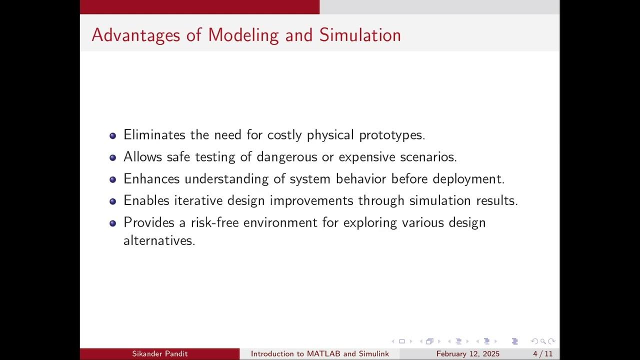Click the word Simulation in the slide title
click(360, 35)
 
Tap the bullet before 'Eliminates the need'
click(112, 135)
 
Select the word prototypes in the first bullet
click(391, 135)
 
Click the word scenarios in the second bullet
click(428, 157)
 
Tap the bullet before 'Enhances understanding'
click(112, 179)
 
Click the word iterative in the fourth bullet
click(198, 200)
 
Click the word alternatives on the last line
click(159, 240)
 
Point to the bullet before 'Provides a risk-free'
click(112, 223)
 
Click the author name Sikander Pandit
click(159, 354)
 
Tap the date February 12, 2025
click(468, 354)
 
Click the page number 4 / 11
click(542, 354)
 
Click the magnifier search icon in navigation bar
click(542, 341)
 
